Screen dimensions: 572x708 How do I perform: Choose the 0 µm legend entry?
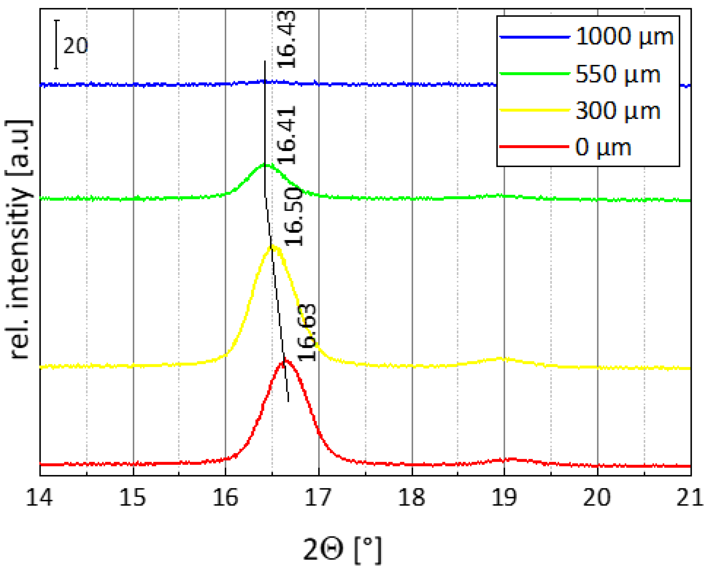click(603, 147)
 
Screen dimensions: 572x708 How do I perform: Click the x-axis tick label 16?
click(225, 497)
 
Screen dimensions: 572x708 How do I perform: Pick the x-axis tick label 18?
click(411, 497)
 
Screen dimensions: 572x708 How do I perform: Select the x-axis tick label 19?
click(504, 497)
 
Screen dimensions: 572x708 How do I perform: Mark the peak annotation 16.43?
click(286, 39)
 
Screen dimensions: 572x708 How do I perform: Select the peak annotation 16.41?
click(286, 135)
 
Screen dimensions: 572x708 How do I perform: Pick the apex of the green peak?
click(265, 164)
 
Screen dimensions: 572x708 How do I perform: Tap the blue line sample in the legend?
click(534, 37)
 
